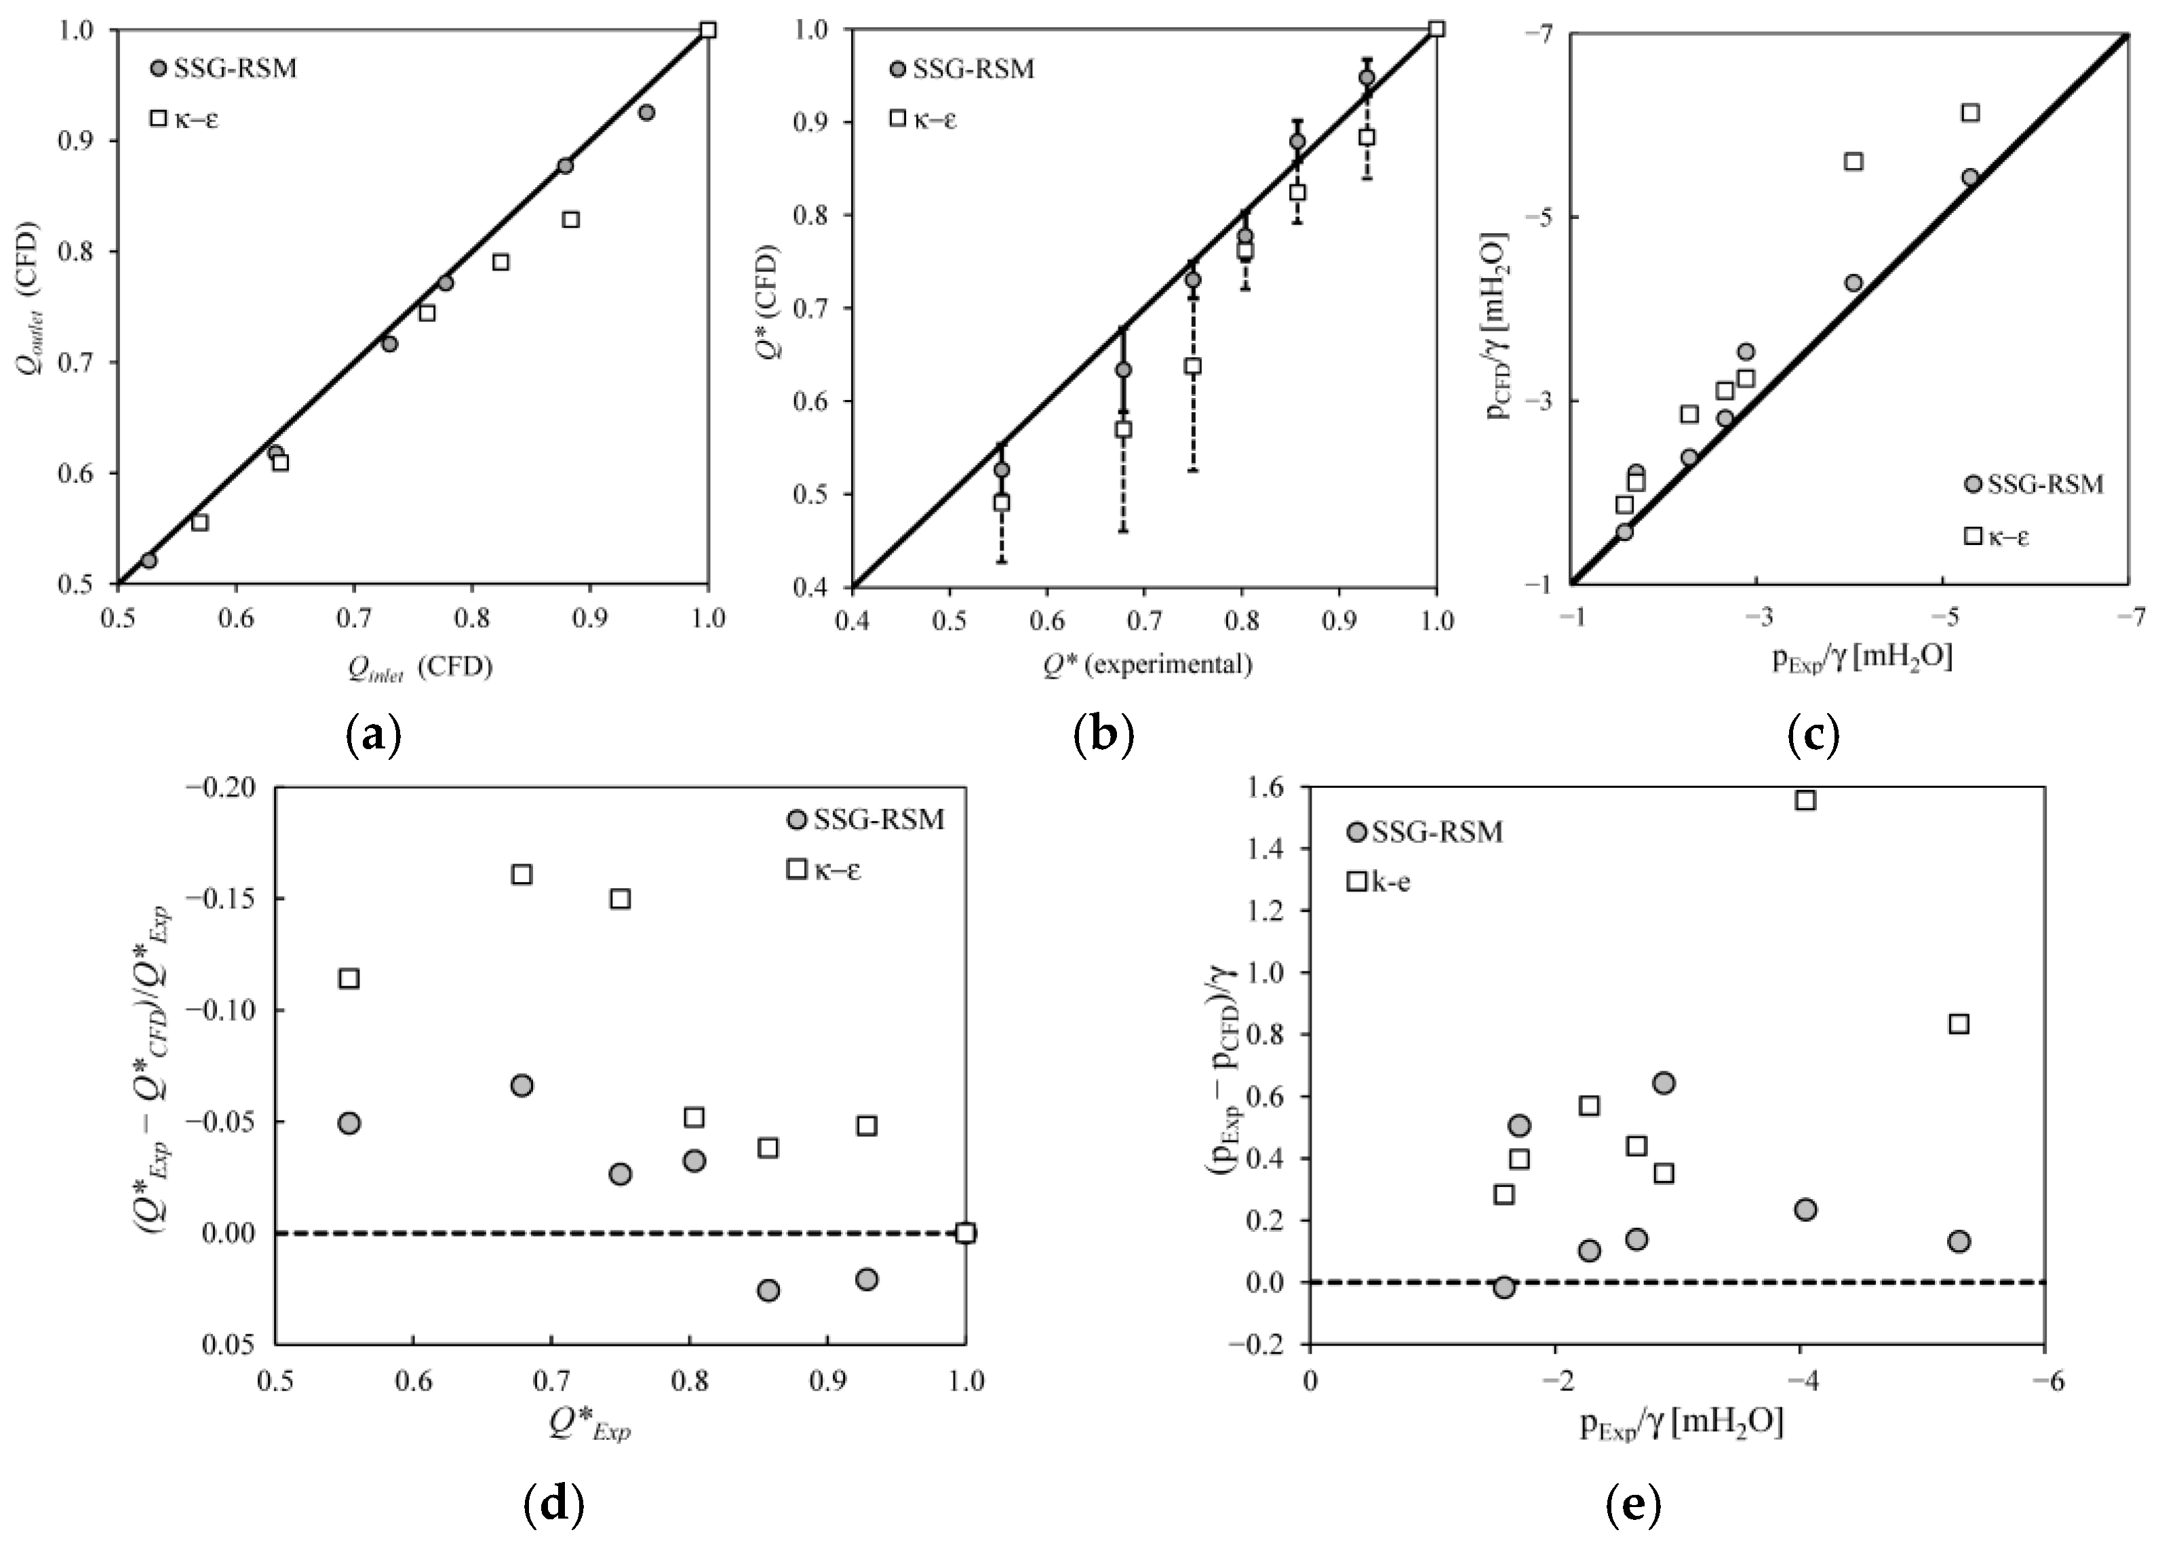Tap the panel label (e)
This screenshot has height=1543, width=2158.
1632,1504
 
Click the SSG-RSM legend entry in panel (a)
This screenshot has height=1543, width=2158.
222,69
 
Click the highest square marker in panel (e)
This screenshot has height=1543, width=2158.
1805,800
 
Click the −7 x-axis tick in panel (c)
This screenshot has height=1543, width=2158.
2130,618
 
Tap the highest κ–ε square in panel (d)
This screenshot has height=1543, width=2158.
522,874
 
